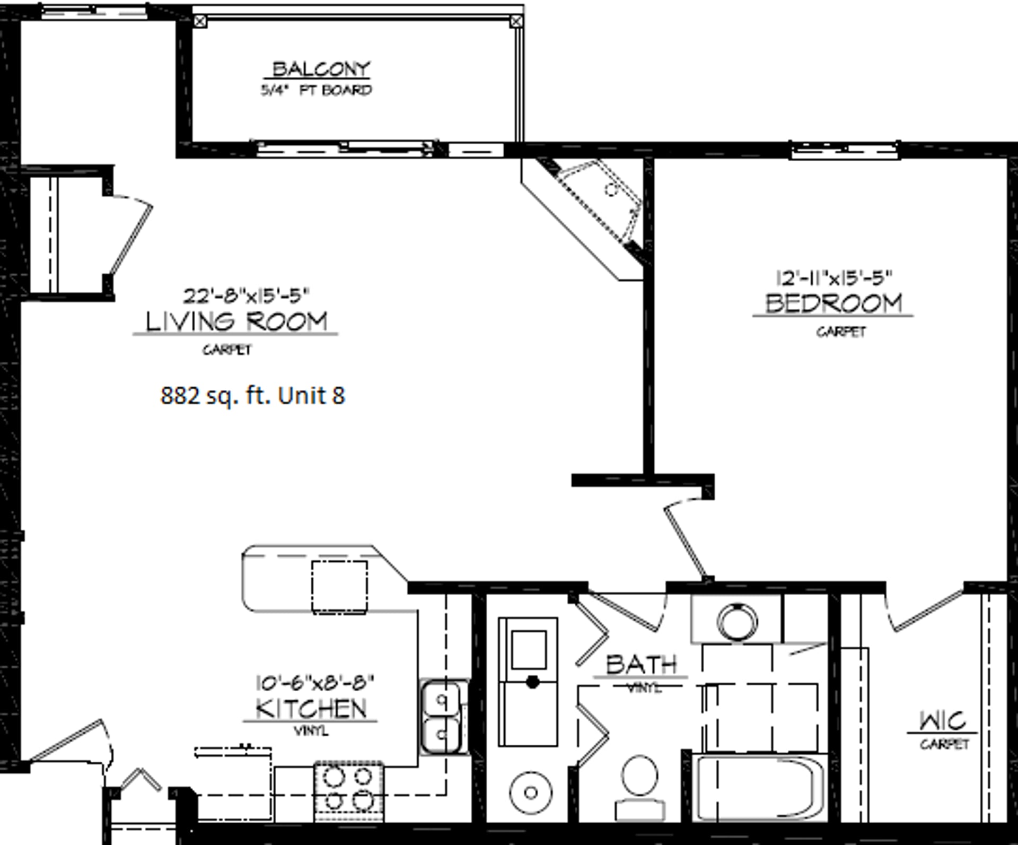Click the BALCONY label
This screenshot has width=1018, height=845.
[x=321, y=69]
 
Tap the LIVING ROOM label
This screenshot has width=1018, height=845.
[x=236, y=322]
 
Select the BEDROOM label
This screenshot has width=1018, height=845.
[x=833, y=303]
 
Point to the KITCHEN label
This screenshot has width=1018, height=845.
[x=311, y=709]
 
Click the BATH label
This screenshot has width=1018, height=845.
[x=641, y=664]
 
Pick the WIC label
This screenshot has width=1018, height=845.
[x=943, y=721]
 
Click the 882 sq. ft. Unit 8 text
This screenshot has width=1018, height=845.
[x=252, y=396]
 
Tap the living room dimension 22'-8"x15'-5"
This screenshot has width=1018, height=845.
[x=246, y=295]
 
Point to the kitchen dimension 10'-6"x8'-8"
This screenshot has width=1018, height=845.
[x=315, y=682]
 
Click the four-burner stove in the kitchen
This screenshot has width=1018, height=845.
[x=348, y=790]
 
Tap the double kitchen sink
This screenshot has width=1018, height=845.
[x=441, y=717]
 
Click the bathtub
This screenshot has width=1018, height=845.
[x=760, y=788]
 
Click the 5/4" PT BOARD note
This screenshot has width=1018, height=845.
[x=316, y=91]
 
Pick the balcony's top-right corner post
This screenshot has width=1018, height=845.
[x=515, y=22]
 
